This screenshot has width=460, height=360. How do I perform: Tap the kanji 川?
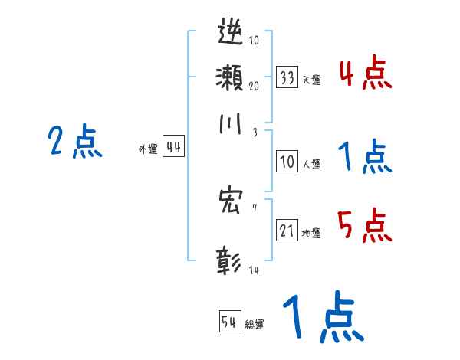click(231, 123)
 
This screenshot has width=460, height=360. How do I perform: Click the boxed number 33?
click(287, 77)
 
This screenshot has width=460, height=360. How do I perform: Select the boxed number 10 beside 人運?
click(287, 162)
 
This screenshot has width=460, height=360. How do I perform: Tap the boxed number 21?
click(287, 231)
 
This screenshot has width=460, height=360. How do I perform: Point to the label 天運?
click(311, 80)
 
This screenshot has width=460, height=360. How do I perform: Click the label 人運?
click(311, 164)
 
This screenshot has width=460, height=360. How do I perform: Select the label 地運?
click(311, 233)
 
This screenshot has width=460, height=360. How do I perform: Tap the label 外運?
click(148, 150)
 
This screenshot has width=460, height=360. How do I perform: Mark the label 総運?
click(255, 324)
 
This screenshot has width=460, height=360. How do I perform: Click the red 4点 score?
click(365, 75)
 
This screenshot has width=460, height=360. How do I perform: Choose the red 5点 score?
click(365, 226)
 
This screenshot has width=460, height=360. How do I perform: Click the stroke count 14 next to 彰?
click(254, 270)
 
